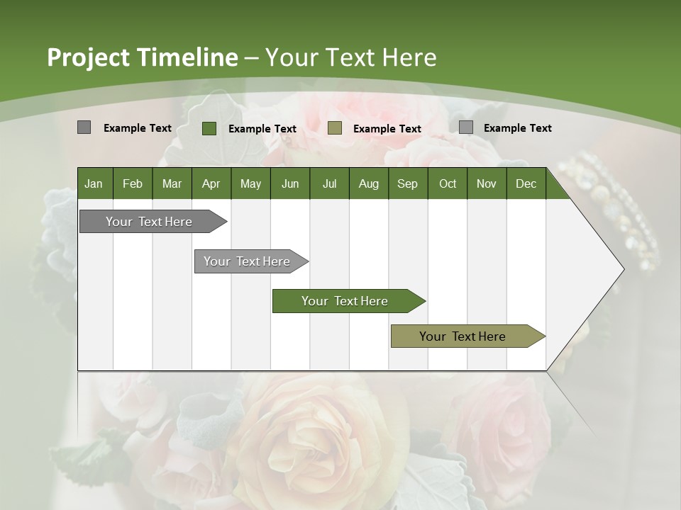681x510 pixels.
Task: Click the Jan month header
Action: pyautogui.click(x=94, y=184)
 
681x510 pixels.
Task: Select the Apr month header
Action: pyautogui.click(x=211, y=184)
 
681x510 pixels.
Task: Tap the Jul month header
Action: pyautogui.click(x=329, y=184)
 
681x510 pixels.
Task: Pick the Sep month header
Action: pyautogui.click(x=407, y=184)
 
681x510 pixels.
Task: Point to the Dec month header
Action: pyautogui.click(x=526, y=184)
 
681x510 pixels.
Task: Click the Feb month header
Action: pyautogui.click(x=133, y=184)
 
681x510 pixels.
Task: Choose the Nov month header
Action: pyautogui.click(x=487, y=184)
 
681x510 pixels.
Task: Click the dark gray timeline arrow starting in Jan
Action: pyautogui.click(x=149, y=222)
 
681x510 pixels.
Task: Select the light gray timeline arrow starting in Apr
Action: pyautogui.click(x=247, y=261)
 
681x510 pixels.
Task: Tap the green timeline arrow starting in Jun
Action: pyautogui.click(x=345, y=301)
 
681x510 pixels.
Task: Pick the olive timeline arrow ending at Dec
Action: pyautogui.click(x=463, y=336)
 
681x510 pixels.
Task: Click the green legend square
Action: pyautogui.click(x=209, y=128)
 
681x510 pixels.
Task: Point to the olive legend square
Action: pyautogui.click(x=335, y=128)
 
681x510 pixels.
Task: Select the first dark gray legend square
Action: pyautogui.click(x=84, y=127)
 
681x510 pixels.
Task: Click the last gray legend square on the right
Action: pyautogui.click(x=465, y=127)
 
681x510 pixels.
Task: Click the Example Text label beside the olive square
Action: pyautogui.click(x=387, y=129)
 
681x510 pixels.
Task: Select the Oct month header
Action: pyautogui.click(x=448, y=184)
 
